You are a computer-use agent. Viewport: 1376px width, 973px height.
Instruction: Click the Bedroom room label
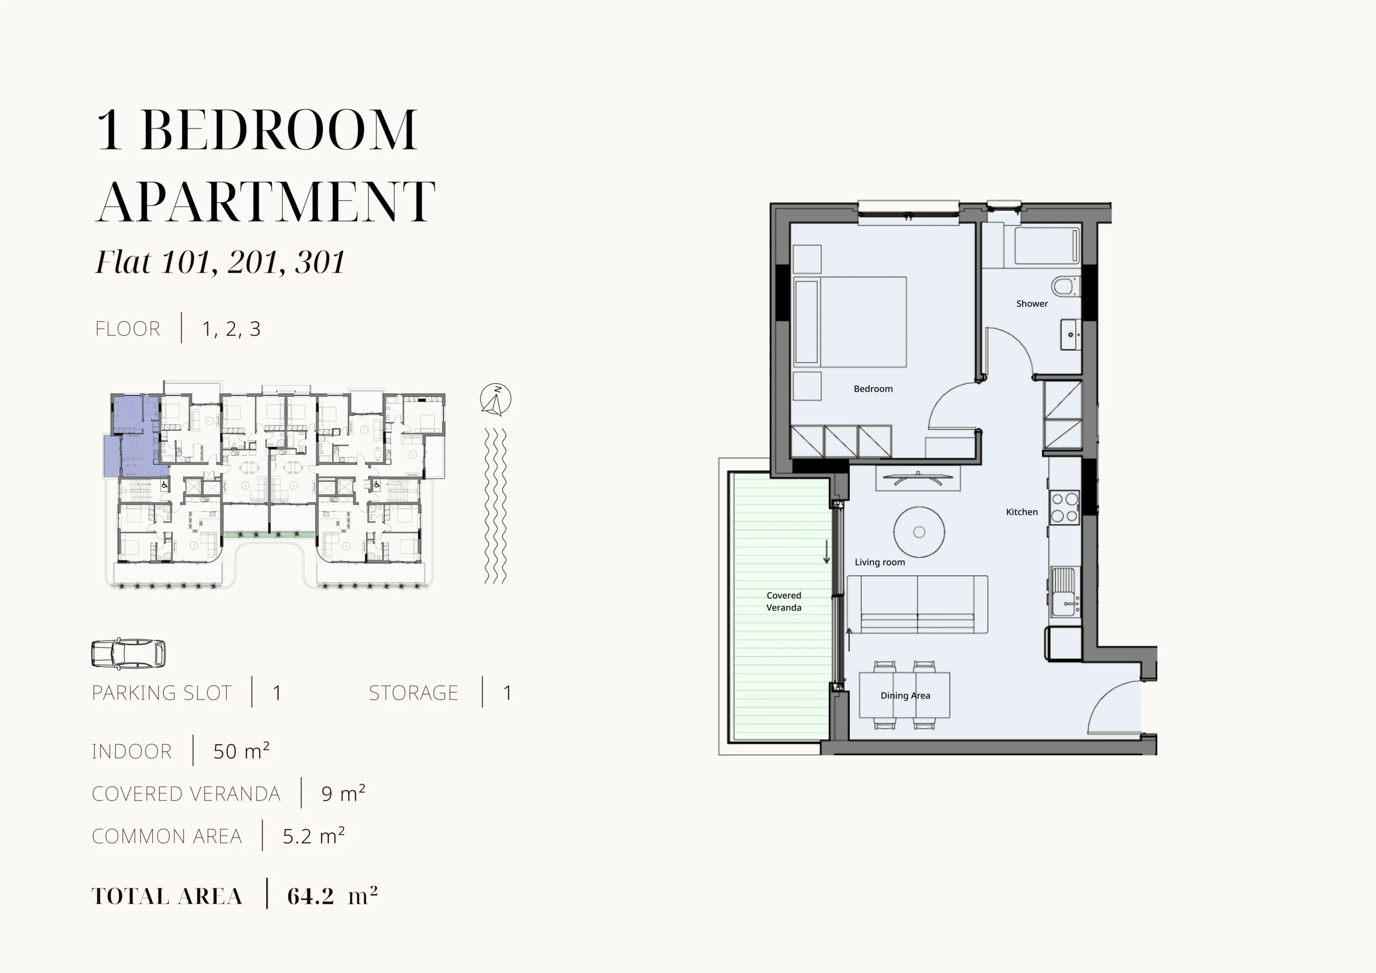(873, 389)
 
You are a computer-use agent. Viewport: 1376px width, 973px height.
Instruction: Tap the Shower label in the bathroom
(1032, 304)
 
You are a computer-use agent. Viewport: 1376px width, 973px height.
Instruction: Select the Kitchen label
(1022, 511)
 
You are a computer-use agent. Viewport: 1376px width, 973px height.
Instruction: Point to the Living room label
(880, 562)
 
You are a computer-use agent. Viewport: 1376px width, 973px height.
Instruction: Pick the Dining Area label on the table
(905, 696)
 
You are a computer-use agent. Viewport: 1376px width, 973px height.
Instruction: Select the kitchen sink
(1065, 592)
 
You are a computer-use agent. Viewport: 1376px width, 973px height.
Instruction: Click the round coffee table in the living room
(919, 531)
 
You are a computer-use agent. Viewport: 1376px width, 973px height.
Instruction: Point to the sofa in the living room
(917, 604)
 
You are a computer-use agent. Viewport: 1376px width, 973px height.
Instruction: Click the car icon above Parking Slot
(128, 653)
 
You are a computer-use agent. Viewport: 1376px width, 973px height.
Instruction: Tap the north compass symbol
(496, 399)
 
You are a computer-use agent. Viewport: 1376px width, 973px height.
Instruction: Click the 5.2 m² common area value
(313, 836)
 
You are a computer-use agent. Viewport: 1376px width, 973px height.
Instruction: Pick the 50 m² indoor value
(241, 751)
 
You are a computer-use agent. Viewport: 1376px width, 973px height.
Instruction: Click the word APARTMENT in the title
(266, 201)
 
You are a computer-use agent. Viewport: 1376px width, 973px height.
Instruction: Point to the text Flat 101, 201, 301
(220, 262)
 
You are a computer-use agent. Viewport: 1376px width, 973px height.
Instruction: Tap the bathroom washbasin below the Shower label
(1070, 334)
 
